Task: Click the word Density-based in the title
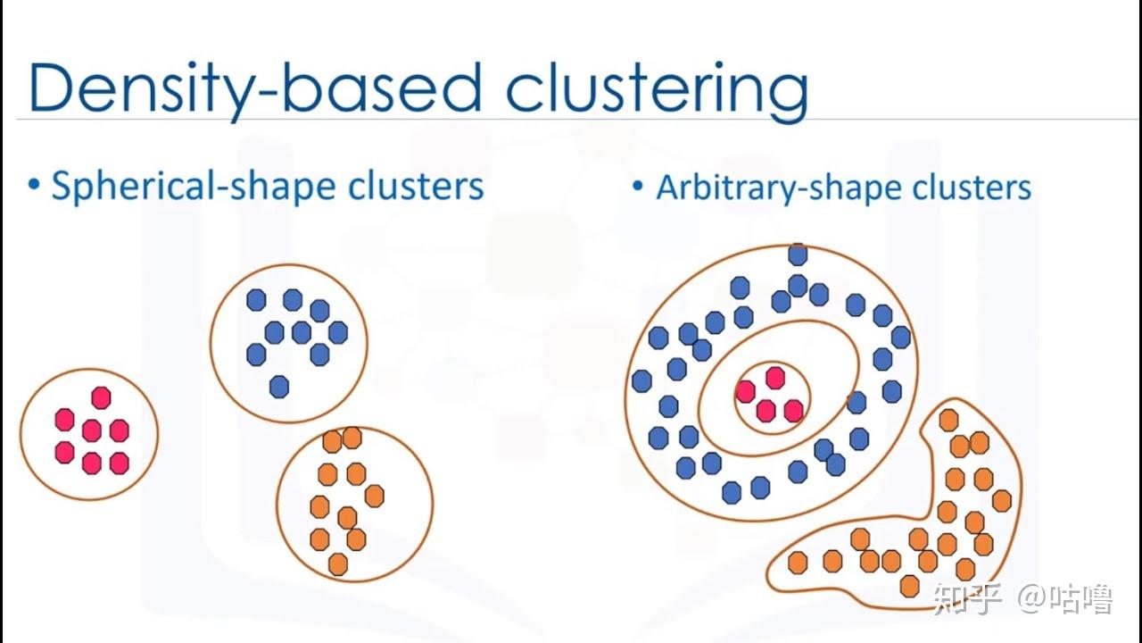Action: point(255,88)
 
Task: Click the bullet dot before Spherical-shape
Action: point(34,184)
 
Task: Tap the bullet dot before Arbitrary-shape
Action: point(637,185)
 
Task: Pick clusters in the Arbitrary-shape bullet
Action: point(972,188)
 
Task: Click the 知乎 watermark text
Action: point(967,598)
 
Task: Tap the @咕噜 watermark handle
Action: point(1065,598)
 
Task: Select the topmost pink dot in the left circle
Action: point(101,397)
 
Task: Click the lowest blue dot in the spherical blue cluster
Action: point(279,387)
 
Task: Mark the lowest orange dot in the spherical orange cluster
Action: point(338,564)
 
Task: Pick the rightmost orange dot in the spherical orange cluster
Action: point(375,496)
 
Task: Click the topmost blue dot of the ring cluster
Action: point(798,255)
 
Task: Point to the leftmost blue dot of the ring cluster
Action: point(641,380)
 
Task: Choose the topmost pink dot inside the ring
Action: point(775,378)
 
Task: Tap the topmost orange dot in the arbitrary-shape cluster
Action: point(948,420)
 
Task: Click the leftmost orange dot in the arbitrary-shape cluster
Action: point(798,563)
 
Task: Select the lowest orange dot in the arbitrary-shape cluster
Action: point(909,586)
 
